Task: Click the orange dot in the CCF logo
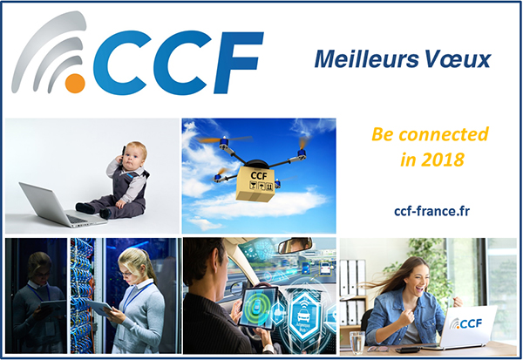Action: coord(75,83)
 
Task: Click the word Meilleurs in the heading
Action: coord(366,59)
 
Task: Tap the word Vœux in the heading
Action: coord(458,59)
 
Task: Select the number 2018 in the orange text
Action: coord(442,160)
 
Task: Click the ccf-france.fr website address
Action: coord(432,211)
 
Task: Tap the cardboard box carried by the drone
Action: coord(255,185)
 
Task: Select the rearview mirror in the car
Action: coord(295,245)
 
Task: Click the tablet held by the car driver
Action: coord(259,307)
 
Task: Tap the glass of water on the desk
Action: coord(357,343)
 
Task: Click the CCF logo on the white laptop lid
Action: coord(465,323)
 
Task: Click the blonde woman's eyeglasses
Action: coord(125,274)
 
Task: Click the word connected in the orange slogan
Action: coord(444,134)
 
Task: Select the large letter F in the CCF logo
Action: coord(239,63)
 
